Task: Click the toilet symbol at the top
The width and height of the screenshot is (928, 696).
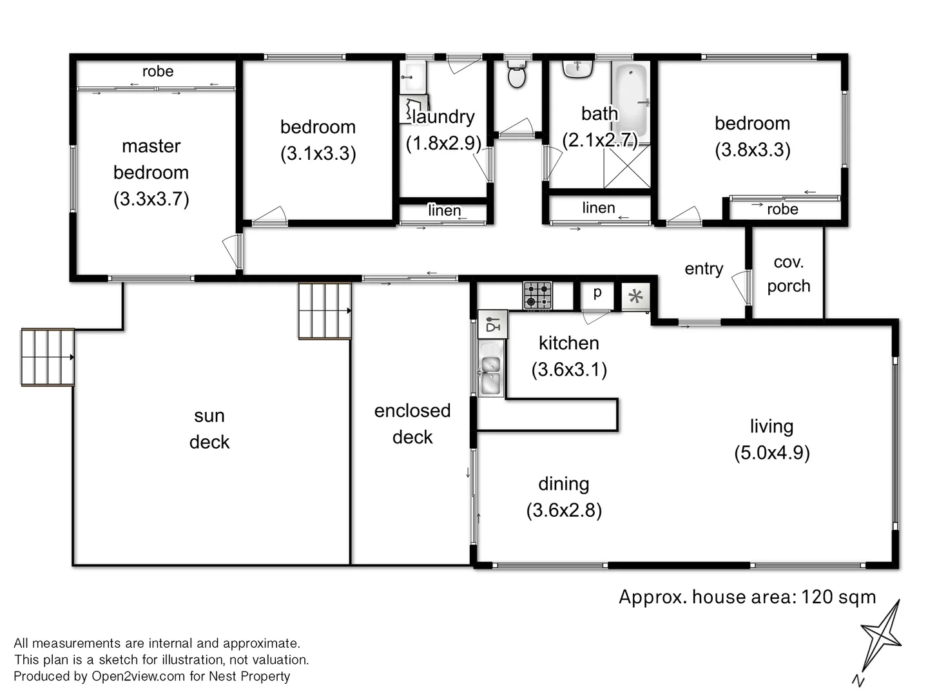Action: (x=516, y=75)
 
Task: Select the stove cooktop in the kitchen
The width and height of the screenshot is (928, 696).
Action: (x=537, y=295)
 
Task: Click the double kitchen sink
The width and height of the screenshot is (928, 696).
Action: (x=490, y=375)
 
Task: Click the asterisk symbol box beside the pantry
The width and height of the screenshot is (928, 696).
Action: (x=635, y=296)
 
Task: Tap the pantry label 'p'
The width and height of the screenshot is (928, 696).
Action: (x=597, y=293)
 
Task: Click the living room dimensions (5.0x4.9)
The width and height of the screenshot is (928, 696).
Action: (x=771, y=452)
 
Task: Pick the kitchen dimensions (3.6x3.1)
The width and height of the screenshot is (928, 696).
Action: (x=569, y=369)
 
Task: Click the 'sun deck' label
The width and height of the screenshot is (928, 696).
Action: (x=209, y=429)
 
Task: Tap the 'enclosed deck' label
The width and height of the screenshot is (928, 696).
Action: (x=412, y=423)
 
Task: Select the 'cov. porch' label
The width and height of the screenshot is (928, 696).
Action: (x=788, y=274)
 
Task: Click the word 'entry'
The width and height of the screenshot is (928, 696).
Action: (x=703, y=269)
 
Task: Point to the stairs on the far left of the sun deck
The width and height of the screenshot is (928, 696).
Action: (x=48, y=357)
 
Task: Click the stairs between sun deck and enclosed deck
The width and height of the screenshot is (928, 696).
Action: (x=325, y=311)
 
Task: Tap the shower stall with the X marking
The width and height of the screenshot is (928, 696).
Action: (x=626, y=166)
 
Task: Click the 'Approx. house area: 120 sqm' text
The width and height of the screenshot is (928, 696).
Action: (x=747, y=597)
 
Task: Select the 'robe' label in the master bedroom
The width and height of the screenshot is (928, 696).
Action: (x=158, y=72)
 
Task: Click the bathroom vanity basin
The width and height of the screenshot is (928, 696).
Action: (x=577, y=68)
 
